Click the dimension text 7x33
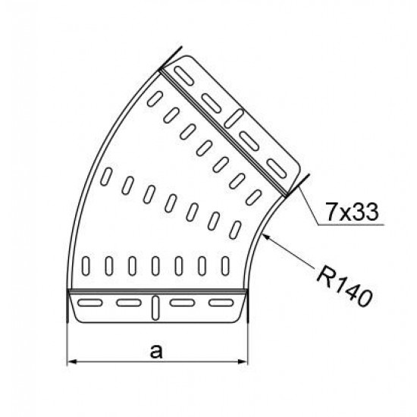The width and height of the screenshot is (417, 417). coord(352,212)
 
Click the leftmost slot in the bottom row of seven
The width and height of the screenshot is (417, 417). coord(86,267)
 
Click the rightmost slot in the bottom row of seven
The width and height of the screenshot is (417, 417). coord(224,267)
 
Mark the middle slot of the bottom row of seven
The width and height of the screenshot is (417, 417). coord(155,267)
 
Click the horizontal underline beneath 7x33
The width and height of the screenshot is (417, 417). coord(349,226)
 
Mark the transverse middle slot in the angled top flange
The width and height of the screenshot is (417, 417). coord(234,119)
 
